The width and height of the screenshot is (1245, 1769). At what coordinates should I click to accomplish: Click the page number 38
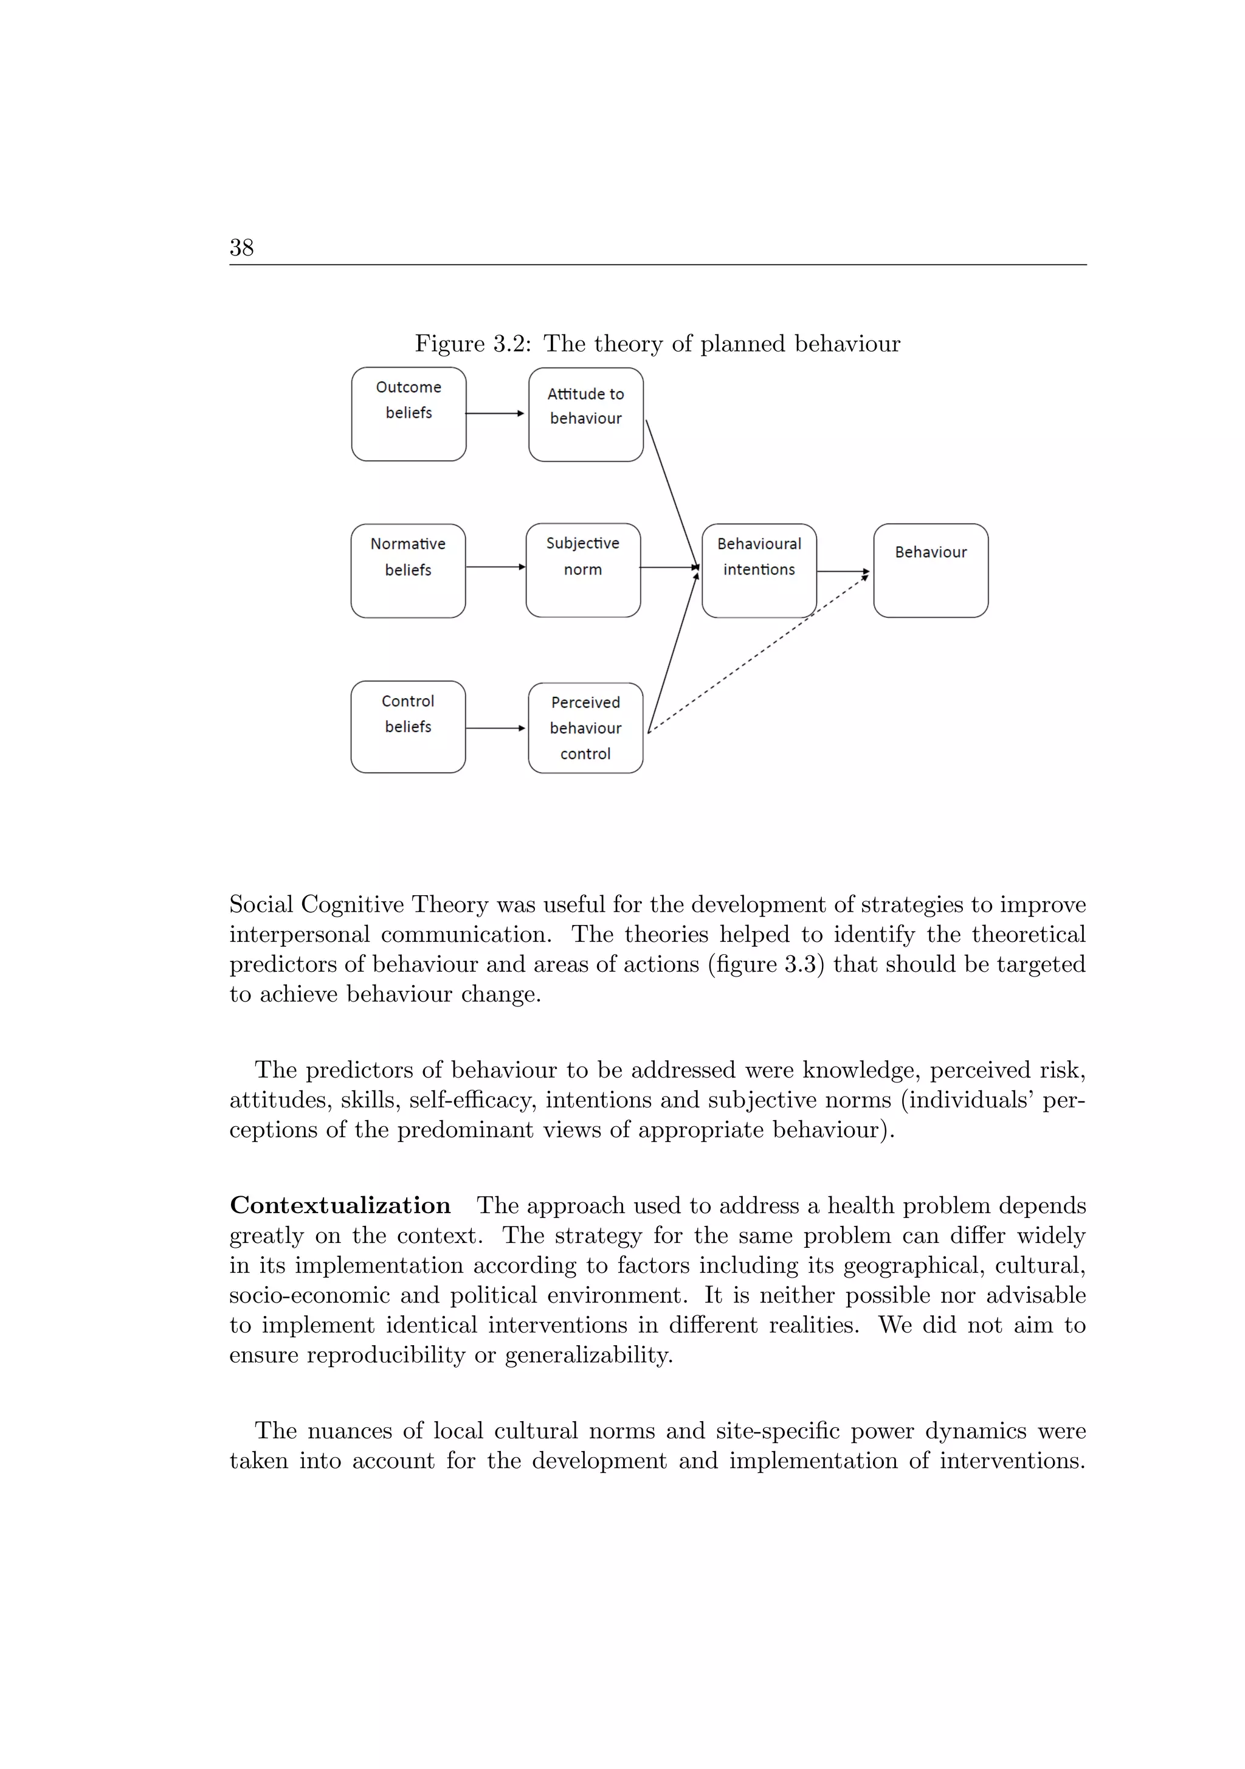coord(241,248)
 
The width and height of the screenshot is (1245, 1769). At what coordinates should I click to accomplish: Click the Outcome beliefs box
coord(409,415)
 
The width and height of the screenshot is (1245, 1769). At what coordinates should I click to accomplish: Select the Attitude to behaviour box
coord(585,415)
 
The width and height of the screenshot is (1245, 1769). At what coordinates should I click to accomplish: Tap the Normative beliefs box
coord(407,571)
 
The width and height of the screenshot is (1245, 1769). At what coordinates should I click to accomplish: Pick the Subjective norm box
coord(582,570)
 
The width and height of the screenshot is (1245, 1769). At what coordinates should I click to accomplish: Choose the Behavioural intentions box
coord(759,571)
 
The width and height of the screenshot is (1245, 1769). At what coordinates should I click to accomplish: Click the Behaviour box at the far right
coord(931,571)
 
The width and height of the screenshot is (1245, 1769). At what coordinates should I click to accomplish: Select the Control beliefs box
coord(407,727)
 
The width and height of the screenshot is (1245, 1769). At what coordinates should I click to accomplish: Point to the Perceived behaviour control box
coord(585,728)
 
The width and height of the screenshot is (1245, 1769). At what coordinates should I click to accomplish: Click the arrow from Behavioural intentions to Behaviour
coord(843,572)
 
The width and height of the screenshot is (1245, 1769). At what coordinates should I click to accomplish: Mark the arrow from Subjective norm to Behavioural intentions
coord(669,568)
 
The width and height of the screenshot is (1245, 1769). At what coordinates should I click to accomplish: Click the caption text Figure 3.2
coord(472,344)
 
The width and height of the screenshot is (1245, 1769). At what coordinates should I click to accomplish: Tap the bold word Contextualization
coord(340,1205)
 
